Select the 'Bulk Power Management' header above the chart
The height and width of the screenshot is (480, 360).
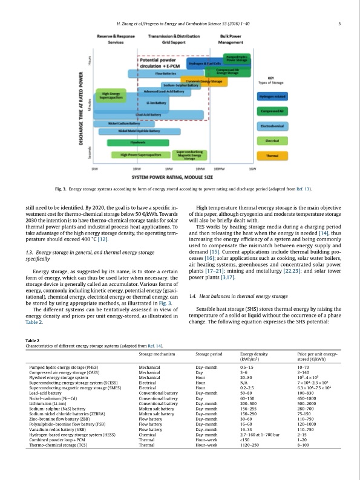click(232, 41)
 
